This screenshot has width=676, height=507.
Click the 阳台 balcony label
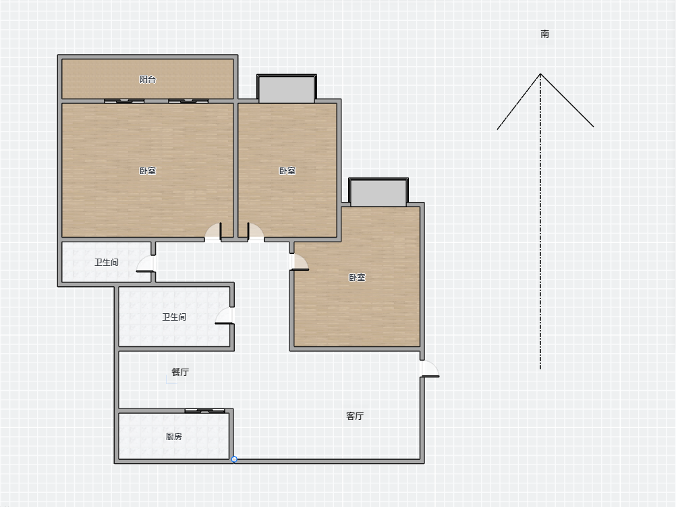point(148,80)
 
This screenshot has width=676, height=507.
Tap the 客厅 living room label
point(355,416)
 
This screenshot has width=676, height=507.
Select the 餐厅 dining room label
point(180,372)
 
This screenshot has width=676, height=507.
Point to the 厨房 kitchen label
point(174,437)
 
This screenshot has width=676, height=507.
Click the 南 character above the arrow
point(545,34)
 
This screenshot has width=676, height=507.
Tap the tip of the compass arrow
point(540,74)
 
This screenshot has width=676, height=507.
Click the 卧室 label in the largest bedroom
point(148,171)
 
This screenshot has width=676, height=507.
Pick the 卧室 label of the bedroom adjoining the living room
point(357,277)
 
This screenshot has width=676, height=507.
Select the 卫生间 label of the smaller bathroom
point(107,263)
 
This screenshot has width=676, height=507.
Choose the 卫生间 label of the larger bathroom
point(174,317)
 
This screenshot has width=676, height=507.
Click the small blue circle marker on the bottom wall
point(234,460)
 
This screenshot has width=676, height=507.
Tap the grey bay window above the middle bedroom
point(287,89)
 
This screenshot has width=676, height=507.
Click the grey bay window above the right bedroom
point(378,192)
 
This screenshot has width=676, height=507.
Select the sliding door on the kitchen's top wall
point(205,410)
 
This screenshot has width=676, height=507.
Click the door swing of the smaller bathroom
point(146,264)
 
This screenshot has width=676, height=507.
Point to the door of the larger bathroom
point(225,315)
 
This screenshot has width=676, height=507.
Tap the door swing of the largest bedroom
point(213,232)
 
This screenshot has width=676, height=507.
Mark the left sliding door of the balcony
point(124,101)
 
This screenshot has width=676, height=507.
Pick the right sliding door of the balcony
point(188,101)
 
